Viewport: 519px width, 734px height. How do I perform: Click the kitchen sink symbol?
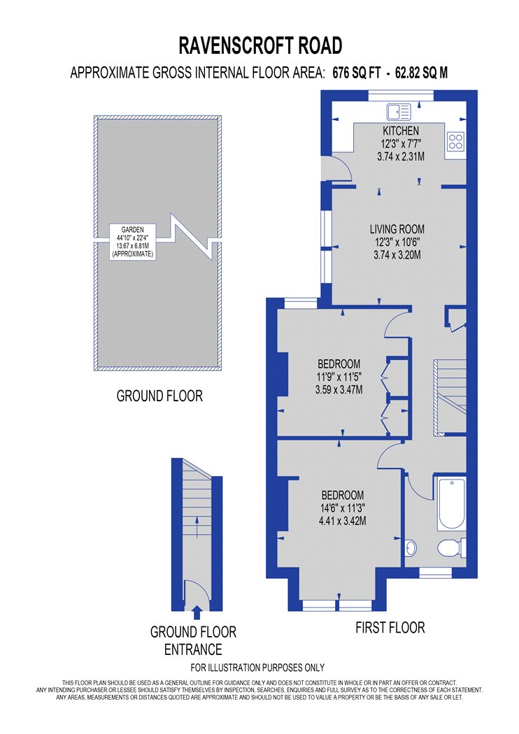pos(398,112)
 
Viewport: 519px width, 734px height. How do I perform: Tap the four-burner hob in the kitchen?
pos(455,141)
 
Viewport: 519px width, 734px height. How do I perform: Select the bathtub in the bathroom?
pos(452,504)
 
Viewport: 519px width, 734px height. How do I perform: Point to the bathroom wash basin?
pos(411,547)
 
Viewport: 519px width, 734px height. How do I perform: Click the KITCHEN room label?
pos(401,131)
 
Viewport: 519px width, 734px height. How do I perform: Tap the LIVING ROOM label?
pos(397,229)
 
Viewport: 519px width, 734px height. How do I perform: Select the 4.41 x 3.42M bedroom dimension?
pos(343,521)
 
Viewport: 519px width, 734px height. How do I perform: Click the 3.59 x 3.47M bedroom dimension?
pos(339,389)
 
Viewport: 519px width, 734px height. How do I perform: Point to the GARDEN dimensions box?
pos(133,242)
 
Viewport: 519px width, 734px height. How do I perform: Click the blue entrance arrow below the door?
pos(197,612)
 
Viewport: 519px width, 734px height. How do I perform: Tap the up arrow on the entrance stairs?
pos(197,526)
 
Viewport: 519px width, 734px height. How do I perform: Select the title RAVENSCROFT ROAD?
pos(260,46)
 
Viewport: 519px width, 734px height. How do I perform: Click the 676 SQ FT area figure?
pos(357,73)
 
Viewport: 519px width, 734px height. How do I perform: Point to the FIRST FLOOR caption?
pos(390,628)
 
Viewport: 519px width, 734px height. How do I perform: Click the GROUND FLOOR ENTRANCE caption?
pos(193,641)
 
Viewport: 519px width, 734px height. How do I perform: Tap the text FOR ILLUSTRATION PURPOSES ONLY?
pos(257,668)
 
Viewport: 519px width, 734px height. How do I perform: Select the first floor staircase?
pos(450,398)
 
